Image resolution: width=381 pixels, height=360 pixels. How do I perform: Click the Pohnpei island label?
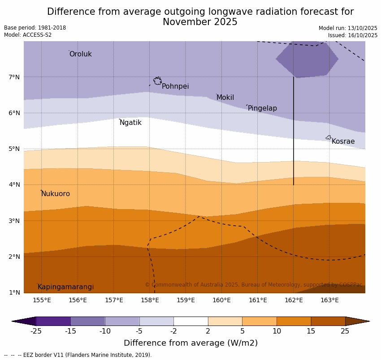coord(175,86)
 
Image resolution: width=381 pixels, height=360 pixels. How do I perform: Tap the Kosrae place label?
coord(343,141)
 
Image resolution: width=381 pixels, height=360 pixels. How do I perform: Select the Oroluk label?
coord(80,54)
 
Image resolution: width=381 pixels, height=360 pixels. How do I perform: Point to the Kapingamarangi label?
coord(65,287)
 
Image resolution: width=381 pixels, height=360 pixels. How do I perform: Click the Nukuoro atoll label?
coord(56,194)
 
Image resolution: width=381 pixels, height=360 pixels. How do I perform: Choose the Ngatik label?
coord(130,123)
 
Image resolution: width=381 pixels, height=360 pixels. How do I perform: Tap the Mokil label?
coord(225,98)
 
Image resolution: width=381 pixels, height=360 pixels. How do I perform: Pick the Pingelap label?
coord(262,108)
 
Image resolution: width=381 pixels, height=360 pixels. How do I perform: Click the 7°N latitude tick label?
coord(14,77)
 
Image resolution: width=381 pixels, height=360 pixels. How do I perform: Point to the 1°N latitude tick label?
coord(14,292)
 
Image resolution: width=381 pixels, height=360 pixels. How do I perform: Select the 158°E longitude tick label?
coord(150,300)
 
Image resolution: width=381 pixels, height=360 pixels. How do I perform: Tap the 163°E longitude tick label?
coord(329,300)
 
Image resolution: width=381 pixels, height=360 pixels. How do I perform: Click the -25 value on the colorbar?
coord(36,331)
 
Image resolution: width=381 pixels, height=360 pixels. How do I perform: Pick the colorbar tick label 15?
coord(311,331)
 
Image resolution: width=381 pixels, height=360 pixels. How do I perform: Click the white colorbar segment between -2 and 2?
coord(190,321)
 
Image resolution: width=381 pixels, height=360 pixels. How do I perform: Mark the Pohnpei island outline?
coord(157,81)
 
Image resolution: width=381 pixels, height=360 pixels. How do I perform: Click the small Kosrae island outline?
coord(328,137)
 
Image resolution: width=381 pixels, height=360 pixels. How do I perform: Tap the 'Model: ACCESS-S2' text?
coord(28,35)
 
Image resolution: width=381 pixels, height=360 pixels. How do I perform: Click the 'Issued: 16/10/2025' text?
coord(352,35)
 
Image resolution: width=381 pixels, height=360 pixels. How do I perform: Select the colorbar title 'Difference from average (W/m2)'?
coord(190,343)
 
